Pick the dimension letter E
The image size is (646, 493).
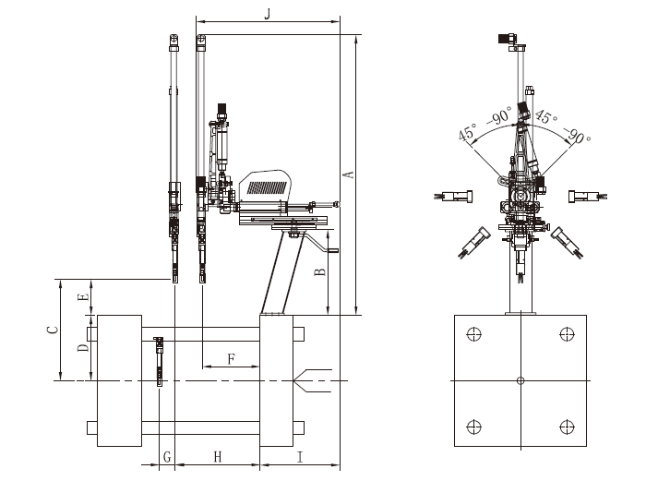(83, 297)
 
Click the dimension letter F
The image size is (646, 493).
(230, 359)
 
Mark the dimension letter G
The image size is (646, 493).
(166, 457)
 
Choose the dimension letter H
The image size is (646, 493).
(218, 457)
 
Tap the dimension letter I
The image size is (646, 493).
(300, 457)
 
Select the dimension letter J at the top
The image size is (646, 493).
(268, 13)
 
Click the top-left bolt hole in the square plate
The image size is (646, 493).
(474, 334)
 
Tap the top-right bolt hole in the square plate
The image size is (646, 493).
(567, 334)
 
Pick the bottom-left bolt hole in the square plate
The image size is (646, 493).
(474, 426)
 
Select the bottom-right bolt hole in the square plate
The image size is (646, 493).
(567, 426)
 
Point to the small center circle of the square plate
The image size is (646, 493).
(520, 380)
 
